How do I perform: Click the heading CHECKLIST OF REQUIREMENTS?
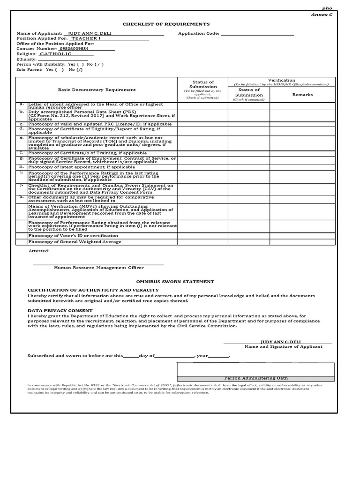tap(166, 24)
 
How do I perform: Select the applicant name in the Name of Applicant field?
tap(90, 34)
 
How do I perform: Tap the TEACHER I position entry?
tap(86, 38)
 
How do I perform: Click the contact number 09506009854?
tap(74, 48)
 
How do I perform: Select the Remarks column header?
tap(302, 95)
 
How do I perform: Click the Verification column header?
tap(281, 80)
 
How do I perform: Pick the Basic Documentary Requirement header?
tap(97, 90)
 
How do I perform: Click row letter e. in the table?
tap(22, 138)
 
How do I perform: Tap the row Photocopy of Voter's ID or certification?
tap(73, 235)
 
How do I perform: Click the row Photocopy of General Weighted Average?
tap(75, 242)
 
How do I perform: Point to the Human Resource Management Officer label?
tap(99, 268)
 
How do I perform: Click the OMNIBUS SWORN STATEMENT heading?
tap(175, 282)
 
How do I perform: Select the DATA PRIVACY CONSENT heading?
tap(60, 310)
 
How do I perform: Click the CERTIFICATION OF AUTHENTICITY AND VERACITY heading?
tap(93, 290)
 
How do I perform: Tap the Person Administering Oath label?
tap(255, 378)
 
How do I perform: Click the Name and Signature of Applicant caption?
tap(283, 346)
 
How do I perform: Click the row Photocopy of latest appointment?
tap(82, 167)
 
